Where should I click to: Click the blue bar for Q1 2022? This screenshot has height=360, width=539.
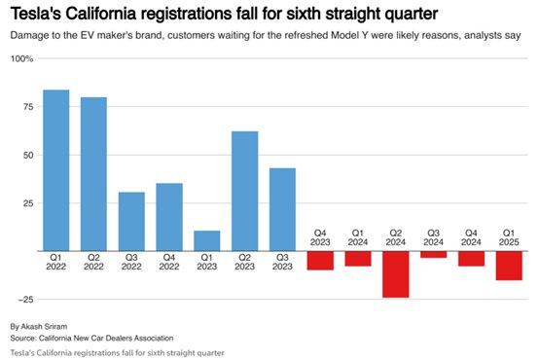pos(56,170)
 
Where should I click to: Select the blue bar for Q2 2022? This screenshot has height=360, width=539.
pos(93,174)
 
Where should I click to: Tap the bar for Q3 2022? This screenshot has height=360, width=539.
pos(131,222)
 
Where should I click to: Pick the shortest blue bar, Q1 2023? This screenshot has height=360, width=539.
pos(207,241)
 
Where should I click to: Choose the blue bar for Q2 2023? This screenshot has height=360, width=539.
pos(245,191)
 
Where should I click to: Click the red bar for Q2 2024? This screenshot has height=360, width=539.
pos(396,274)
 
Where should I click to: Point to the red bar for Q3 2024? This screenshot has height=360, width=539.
pos(434,255)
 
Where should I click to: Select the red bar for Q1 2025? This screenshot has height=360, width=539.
pos(509,266)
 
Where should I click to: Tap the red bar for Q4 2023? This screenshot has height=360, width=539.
pos(320,261)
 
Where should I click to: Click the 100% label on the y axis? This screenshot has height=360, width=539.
pos(21,58)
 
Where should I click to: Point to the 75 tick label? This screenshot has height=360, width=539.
pos(28,107)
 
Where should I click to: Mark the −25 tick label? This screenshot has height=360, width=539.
pos(25,300)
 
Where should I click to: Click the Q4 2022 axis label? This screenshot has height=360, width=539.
pos(169,262)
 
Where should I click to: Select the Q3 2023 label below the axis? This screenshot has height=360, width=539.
pos(282,262)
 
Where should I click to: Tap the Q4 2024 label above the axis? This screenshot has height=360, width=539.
pos(471,237)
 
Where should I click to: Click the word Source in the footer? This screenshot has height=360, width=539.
pos(23,338)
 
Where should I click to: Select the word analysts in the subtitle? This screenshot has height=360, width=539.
pos(483,35)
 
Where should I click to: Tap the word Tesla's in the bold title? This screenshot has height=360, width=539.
pos(36,14)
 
